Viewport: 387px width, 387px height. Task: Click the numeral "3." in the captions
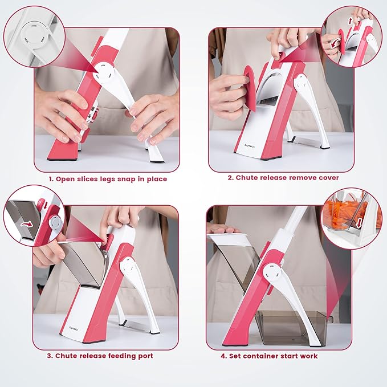coord(50,356)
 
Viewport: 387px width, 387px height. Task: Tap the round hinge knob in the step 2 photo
coord(303,84)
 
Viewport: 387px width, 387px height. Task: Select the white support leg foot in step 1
coord(155,157)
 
